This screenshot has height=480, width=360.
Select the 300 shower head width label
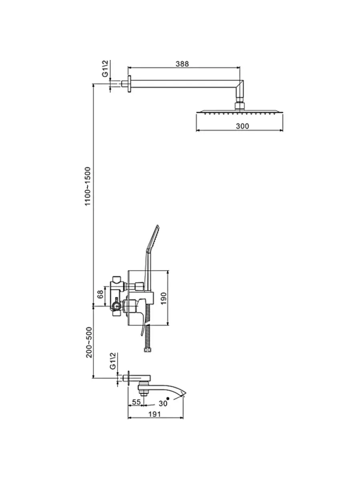pyautogui.click(x=242, y=126)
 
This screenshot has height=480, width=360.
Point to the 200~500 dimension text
pyautogui.click(x=89, y=342)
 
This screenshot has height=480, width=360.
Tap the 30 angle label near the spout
pyautogui.click(x=162, y=403)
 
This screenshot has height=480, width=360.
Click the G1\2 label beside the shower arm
pyautogui.click(x=105, y=68)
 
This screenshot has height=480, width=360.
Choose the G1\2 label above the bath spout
pyautogui.click(x=113, y=361)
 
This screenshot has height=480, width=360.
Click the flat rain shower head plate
pyautogui.click(x=239, y=113)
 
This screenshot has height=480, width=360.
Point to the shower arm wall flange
pyautogui.click(x=129, y=84)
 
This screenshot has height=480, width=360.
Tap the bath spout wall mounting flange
pyautogui.click(x=130, y=378)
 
